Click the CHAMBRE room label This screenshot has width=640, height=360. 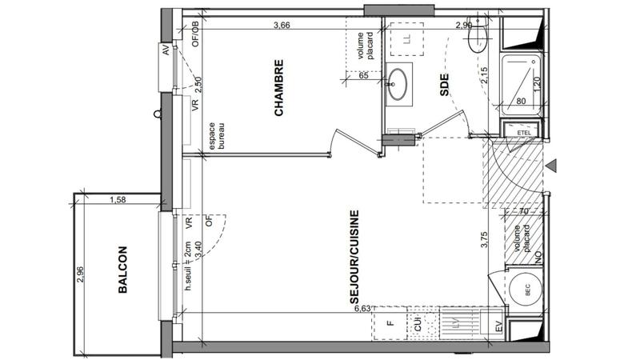(279, 98)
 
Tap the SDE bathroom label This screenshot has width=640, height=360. (445, 86)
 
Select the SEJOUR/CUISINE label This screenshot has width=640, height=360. (354, 258)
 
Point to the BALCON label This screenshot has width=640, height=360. (123, 270)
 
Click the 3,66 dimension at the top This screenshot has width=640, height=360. (281, 26)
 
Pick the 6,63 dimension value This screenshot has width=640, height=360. (361, 307)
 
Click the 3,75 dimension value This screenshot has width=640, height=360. (483, 241)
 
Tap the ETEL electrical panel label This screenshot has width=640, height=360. (524, 133)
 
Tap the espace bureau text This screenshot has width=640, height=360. (217, 136)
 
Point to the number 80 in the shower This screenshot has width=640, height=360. (520, 102)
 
